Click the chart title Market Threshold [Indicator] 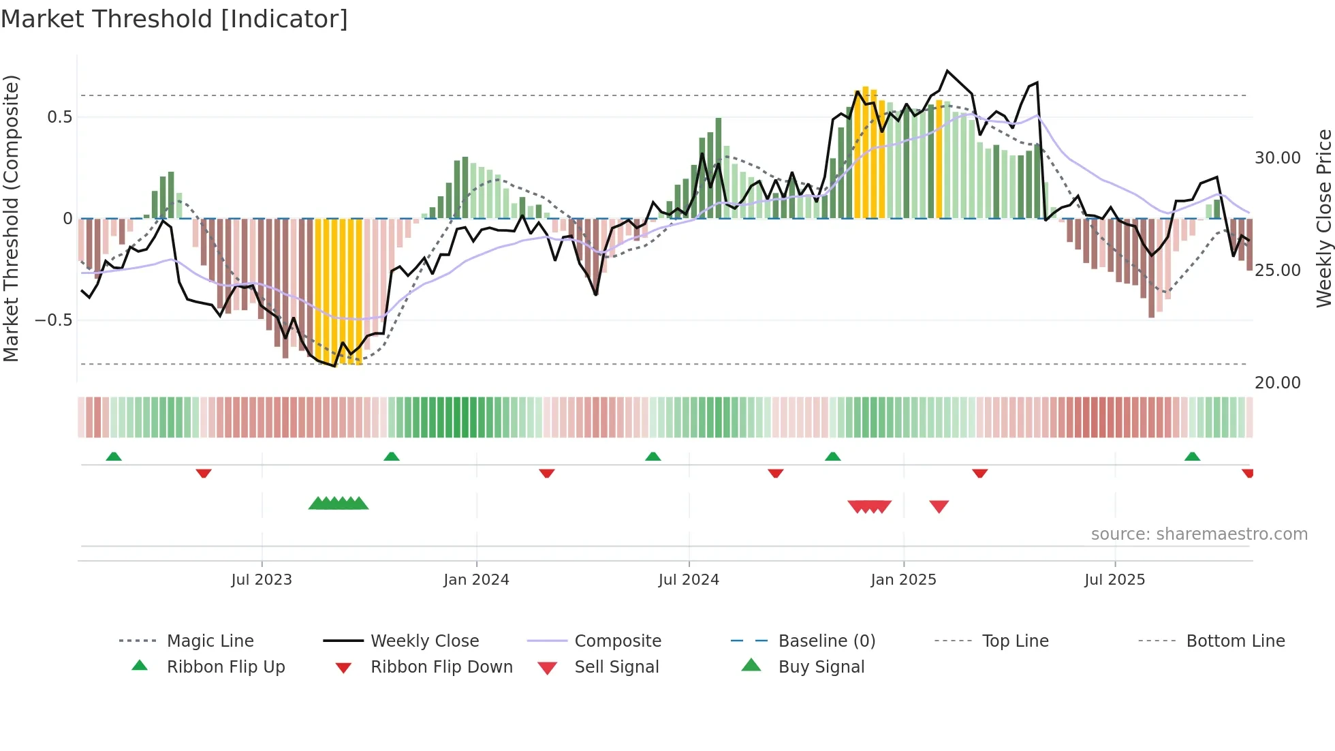(174, 19)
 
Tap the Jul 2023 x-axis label (262, 580)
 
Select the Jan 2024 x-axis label (476, 580)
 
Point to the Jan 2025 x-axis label (903, 580)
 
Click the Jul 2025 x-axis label (1114, 580)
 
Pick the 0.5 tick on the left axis (60, 117)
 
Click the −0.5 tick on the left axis (54, 320)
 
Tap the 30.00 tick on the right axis (1277, 158)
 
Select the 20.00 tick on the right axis (1277, 383)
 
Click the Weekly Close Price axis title (1323, 218)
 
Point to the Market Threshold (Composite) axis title (11, 218)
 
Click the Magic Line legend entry (210, 641)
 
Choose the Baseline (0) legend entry (826, 641)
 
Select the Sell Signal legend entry (616, 667)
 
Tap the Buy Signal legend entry (821, 667)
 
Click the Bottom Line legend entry (1235, 641)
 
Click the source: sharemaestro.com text (1199, 534)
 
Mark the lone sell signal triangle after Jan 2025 (939, 506)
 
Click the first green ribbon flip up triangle (114, 457)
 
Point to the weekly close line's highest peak (947, 71)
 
